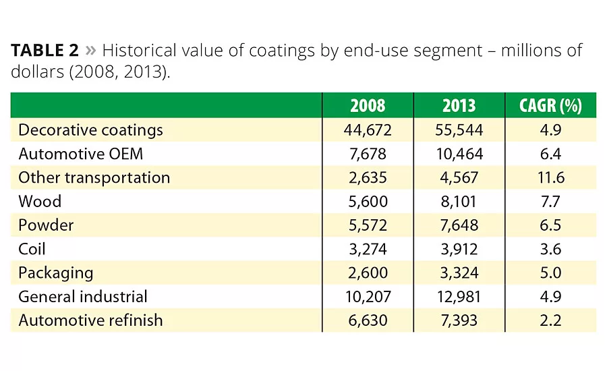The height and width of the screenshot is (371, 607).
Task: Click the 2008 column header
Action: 368,106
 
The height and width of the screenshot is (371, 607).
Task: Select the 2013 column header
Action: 459,106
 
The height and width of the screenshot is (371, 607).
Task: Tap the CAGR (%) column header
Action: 550,106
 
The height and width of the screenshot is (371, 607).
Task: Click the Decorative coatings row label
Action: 90,130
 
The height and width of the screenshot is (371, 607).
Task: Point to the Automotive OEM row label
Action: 81,154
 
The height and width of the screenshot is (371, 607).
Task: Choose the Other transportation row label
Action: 94,177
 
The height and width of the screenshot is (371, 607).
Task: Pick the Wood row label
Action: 40,201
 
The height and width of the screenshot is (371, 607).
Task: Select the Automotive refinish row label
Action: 90,320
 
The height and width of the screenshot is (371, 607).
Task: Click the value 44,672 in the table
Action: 368,130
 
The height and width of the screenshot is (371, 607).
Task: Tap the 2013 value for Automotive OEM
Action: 459,154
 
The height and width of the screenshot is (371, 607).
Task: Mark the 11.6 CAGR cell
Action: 550,177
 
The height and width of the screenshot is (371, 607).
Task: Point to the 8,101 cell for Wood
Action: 459,201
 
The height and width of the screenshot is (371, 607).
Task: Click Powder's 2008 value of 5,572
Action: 368,225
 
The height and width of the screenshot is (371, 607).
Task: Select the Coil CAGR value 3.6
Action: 550,249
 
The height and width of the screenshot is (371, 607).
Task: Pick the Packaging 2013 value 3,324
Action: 459,273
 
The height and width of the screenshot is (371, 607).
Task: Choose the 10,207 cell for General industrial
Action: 368,296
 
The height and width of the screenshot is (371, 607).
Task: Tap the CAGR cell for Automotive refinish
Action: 550,320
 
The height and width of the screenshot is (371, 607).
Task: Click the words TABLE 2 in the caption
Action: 45,51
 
